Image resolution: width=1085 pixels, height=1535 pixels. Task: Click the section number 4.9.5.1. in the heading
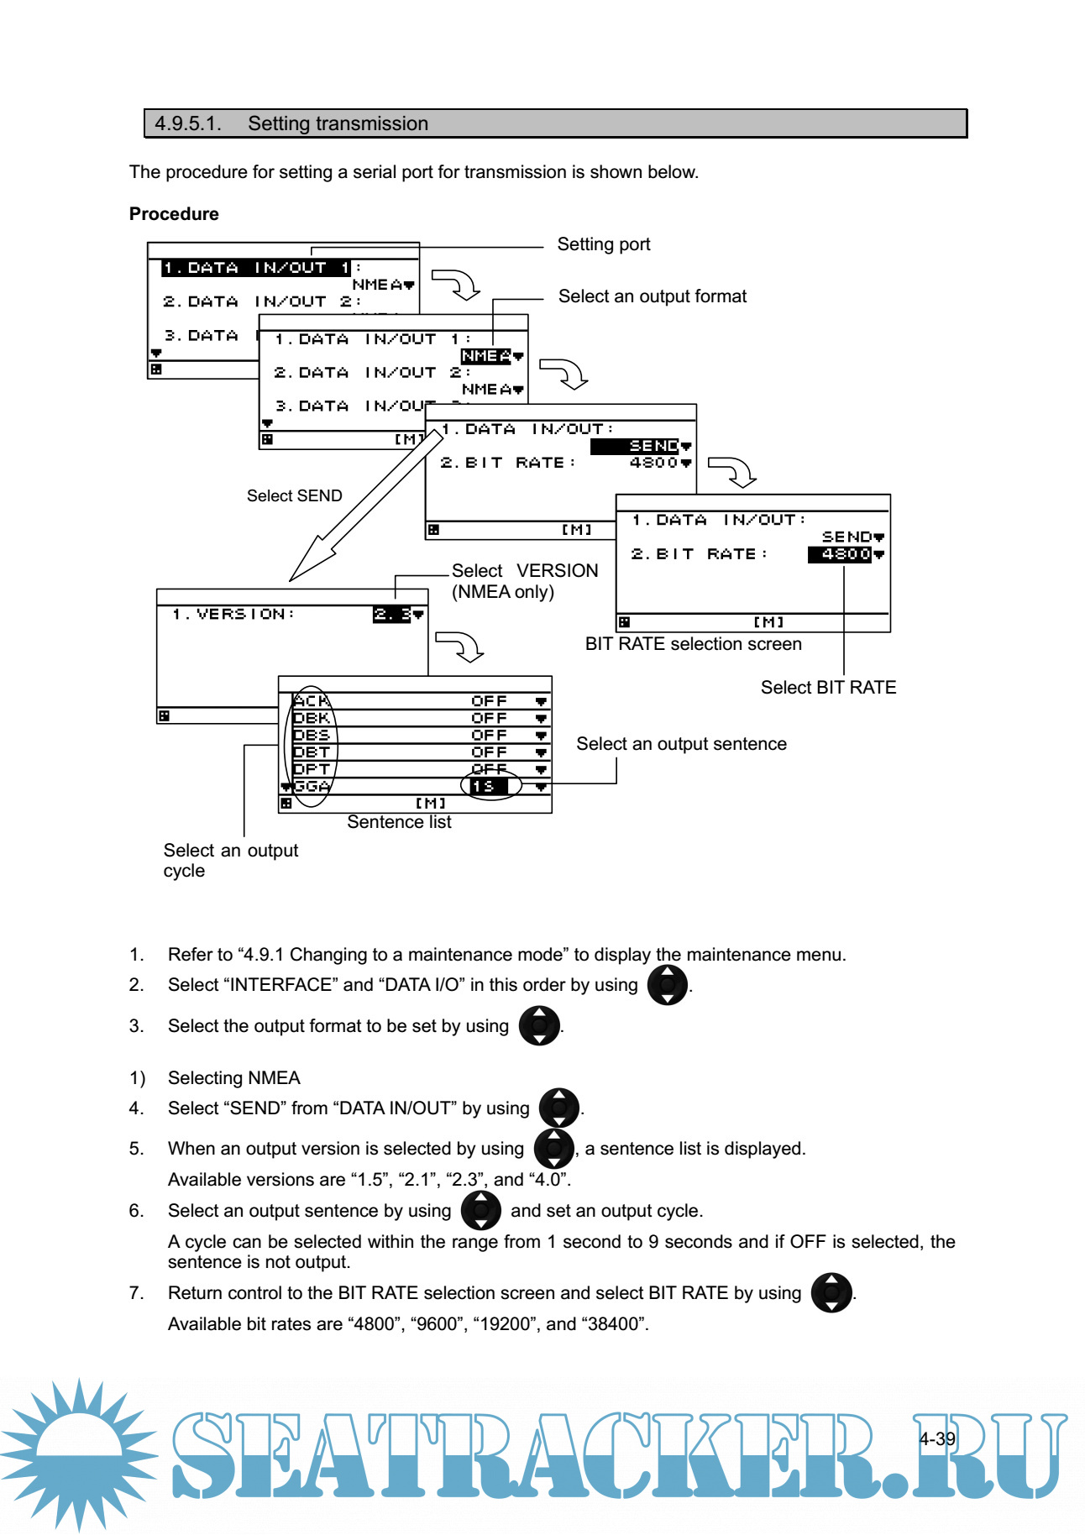tap(187, 123)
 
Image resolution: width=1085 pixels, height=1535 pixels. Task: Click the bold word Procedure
tap(174, 214)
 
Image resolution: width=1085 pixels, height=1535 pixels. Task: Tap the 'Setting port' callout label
tap(603, 244)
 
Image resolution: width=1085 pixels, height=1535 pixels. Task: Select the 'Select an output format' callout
tap(652, 296)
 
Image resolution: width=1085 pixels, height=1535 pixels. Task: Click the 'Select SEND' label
tap(294, 496)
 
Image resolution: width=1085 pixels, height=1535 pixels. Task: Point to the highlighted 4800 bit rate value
tap(840, 554)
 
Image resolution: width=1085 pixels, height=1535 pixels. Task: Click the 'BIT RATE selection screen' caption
tap(693, 644)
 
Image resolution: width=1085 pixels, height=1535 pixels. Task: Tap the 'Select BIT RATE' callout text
tap(828, 688)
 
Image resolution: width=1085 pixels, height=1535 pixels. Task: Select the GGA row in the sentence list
tap(312, 787)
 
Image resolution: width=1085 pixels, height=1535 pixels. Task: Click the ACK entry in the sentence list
tap(312, 701)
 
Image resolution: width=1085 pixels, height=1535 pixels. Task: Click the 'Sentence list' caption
tap(399, 822)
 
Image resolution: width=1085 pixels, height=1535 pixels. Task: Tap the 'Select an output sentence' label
tap(681, 744)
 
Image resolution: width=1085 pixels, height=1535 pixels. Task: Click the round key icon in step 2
tap(668, 985)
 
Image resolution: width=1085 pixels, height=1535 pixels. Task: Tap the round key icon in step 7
tap(831, 1293)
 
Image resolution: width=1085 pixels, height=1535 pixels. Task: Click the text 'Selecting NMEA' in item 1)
tap(233, 1078)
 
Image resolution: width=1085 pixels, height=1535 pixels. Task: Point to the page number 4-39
tap(936, 1438)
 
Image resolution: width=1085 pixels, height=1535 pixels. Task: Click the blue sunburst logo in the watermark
tap(80, 1453)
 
